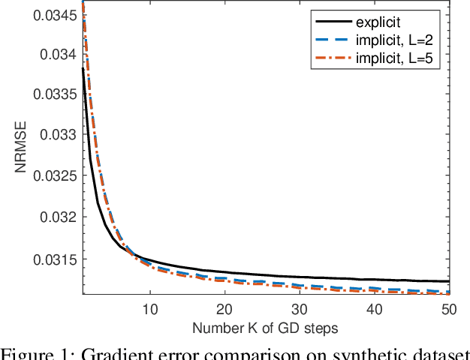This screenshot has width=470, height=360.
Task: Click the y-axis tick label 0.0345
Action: pos(56,14)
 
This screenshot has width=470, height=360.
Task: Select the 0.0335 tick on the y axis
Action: pos(56,95)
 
